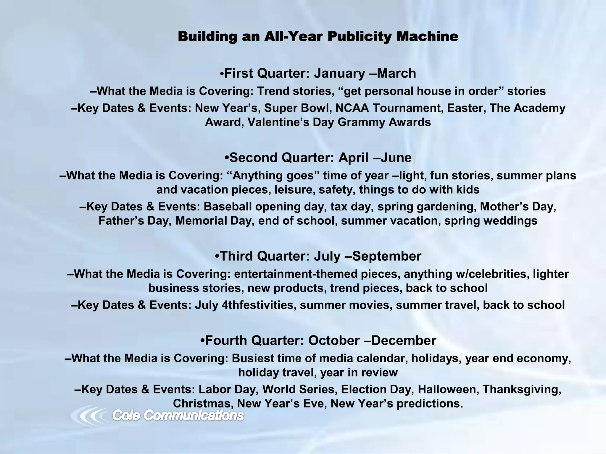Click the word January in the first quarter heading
click(339, 73)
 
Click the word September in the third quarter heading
click(387, 256)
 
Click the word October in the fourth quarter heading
click(334, 341)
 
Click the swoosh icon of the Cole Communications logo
click(89, 416)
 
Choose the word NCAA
click(352, 108)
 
